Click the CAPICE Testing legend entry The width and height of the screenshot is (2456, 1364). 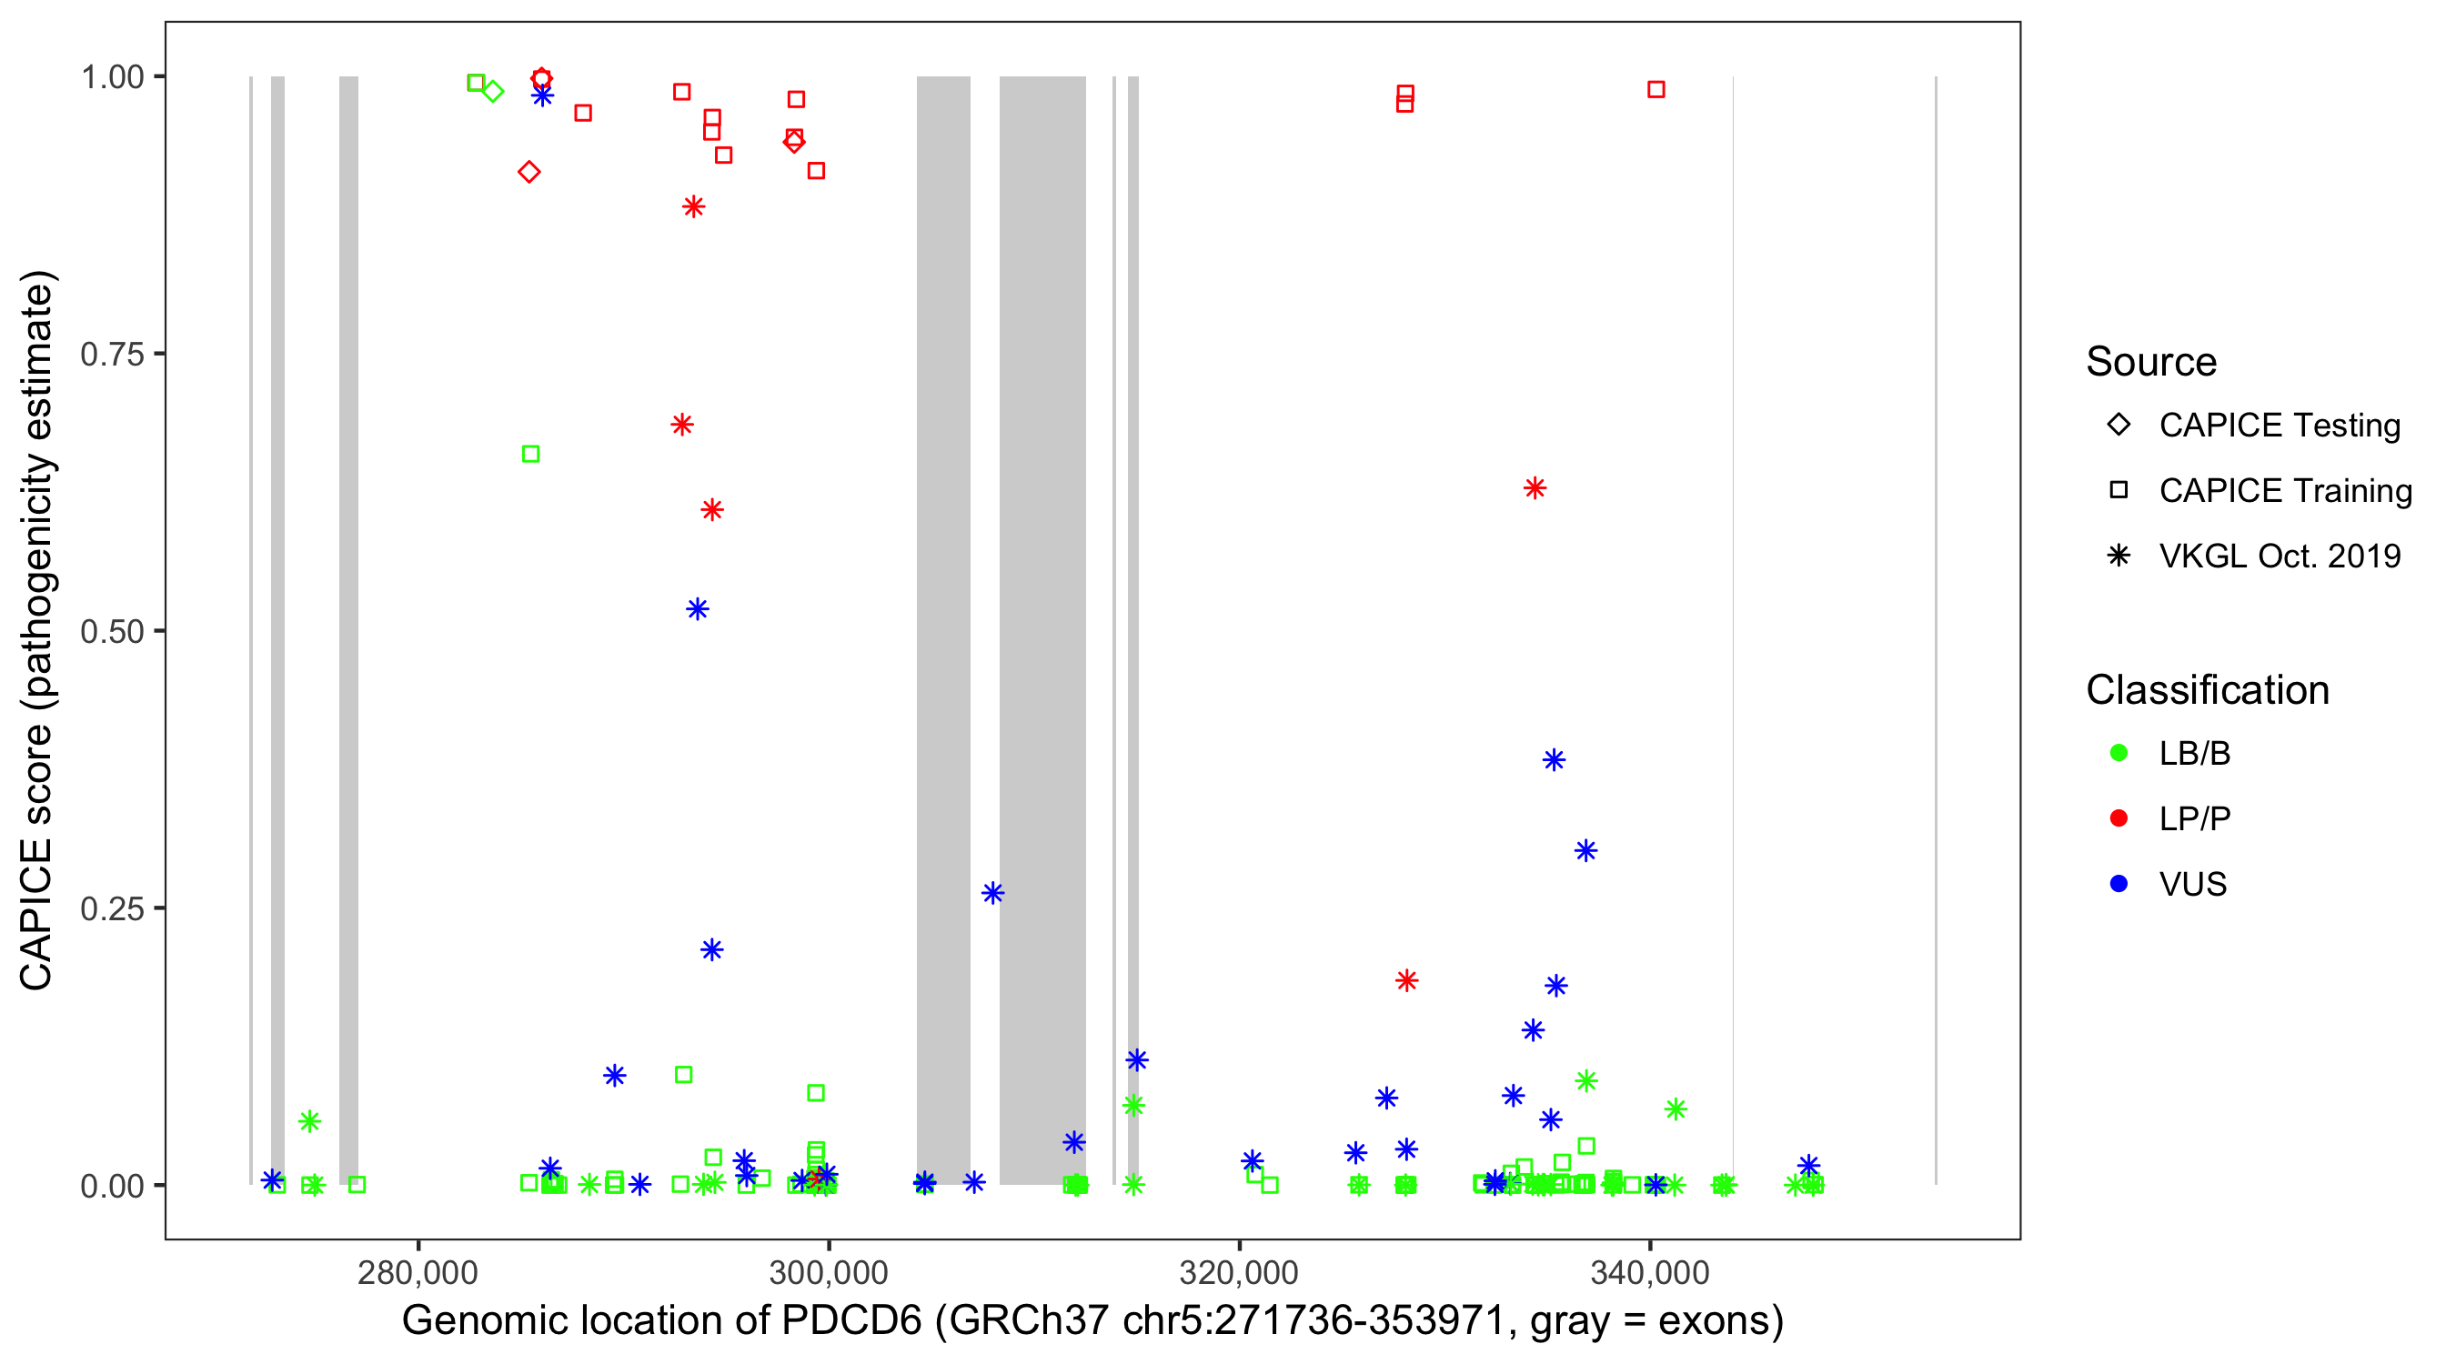2279,426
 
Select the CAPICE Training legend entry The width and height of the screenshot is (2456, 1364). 2284,491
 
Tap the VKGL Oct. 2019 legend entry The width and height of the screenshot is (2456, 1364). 2279,556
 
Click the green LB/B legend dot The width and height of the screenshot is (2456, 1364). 2119,753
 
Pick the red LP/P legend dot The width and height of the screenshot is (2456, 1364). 2119,818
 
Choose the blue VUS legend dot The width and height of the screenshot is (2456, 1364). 2119,884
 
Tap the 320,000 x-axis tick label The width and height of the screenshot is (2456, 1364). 1239,1271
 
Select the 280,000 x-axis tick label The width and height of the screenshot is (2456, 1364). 418,1271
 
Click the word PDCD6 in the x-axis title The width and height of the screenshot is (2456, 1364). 851,1321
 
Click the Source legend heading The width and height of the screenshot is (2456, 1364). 2151,362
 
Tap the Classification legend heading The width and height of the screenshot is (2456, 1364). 2207,690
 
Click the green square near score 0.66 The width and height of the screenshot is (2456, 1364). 531,454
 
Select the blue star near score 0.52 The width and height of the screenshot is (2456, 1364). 698,609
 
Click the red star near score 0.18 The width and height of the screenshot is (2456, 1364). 1406,980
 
